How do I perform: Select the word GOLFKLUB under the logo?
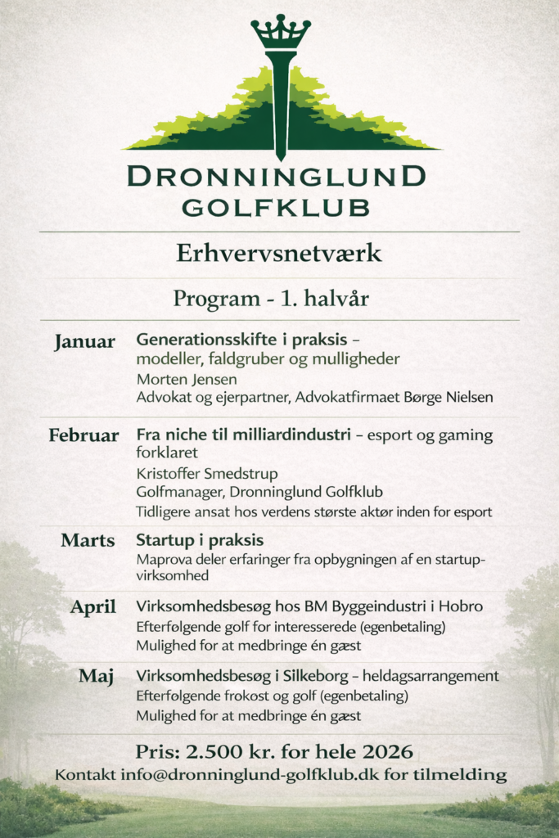click(276, 207)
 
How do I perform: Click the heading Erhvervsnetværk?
click(279, 254)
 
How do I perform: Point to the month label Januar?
click(85, 341)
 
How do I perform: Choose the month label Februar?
click(83, 435)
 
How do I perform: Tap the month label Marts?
click(88, 541)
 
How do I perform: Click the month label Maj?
click(96, 677)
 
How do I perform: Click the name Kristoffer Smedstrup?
click(207, 473)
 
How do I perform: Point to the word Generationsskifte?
click(202, 339)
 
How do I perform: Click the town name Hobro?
click(461, 607)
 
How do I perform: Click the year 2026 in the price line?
click(387, 750)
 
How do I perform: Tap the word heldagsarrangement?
click(435, 677)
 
